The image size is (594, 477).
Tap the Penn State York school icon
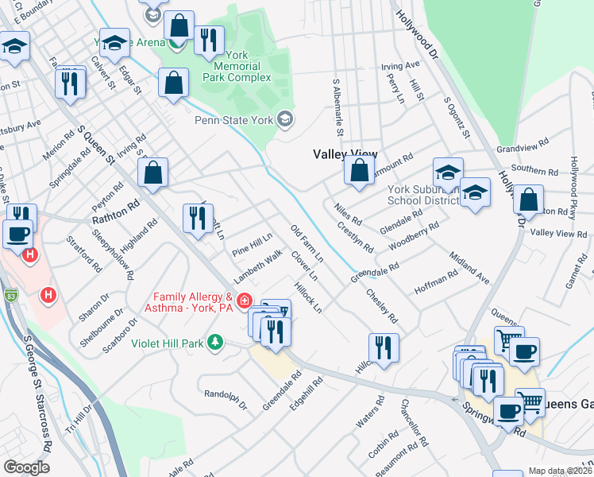(284, 120)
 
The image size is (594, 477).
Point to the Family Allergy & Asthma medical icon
(244, 301)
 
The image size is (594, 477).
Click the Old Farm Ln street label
(307, 245)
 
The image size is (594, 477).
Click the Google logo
(26, 467)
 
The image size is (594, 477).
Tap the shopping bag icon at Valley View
(359, 171)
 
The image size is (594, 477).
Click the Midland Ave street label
(469, 269)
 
